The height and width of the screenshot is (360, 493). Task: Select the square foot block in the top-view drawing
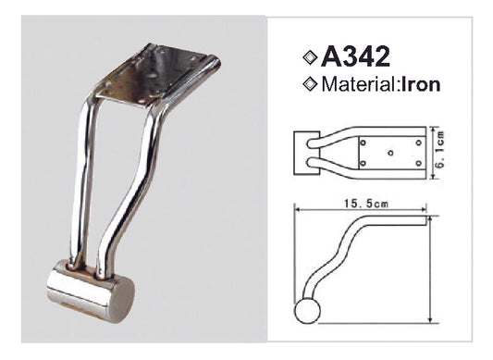point(302,151)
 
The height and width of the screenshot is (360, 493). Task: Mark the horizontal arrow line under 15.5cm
point(361,207)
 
